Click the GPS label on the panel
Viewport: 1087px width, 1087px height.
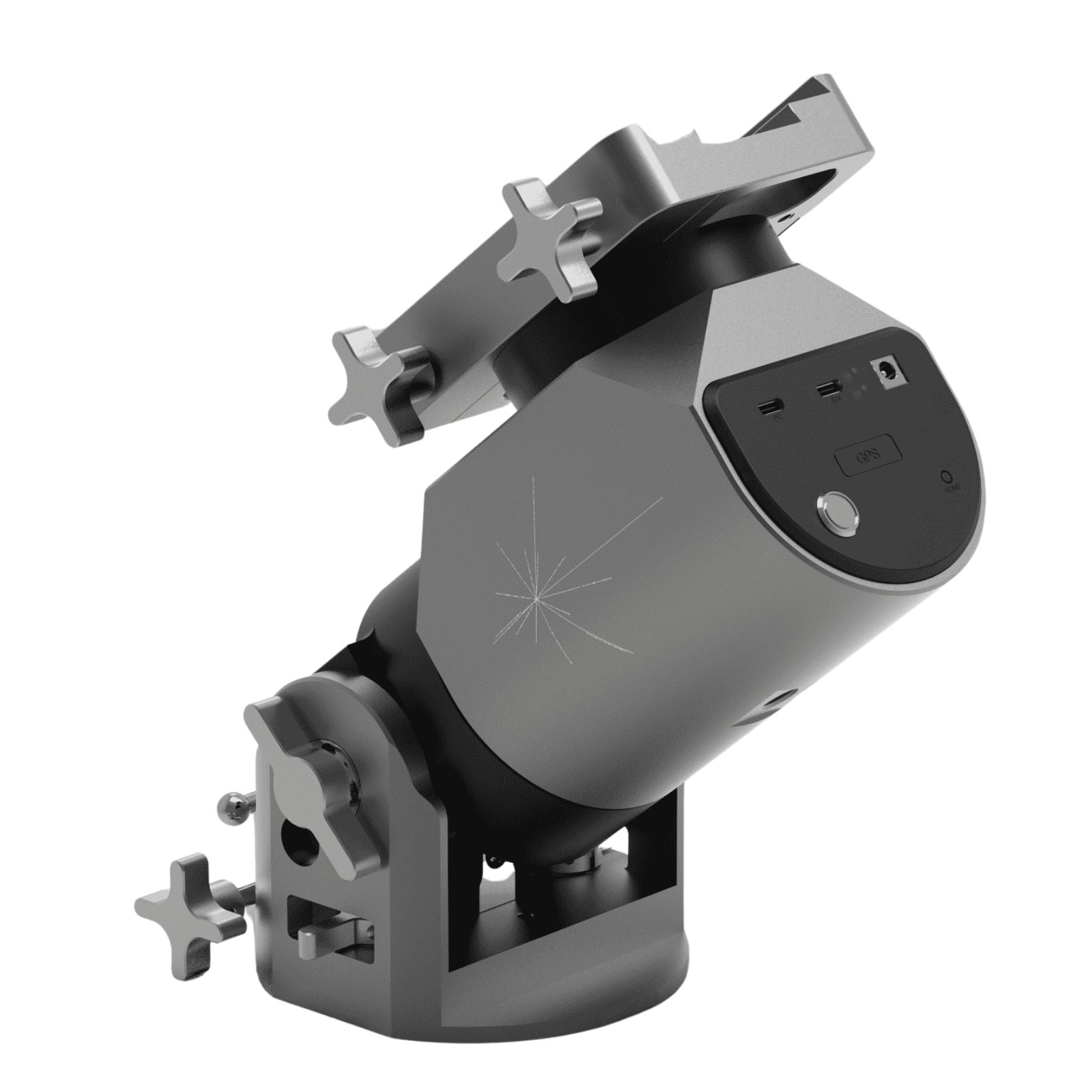coord(868,454)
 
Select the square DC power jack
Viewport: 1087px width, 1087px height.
coord(891,373)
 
